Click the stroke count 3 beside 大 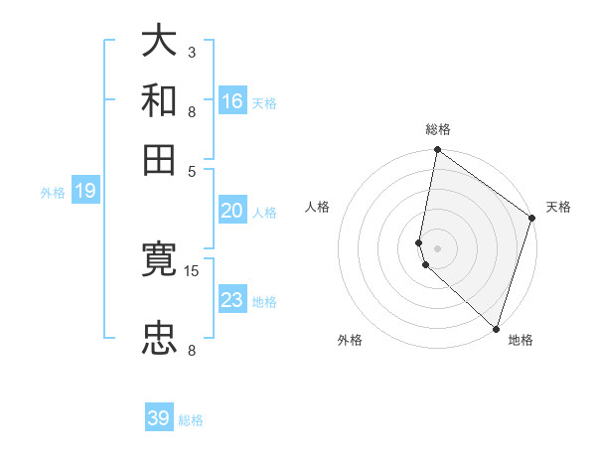click(192, 52)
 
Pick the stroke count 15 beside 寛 click(192, 270)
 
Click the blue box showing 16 click(232, 100)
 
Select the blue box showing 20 click(232, 211)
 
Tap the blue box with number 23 click(232, 299)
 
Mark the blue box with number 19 click(85, 192)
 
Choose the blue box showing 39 click(159, 418)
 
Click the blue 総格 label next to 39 click(191, 420)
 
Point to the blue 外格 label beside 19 click(53, 193)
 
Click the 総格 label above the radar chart click(438, 130)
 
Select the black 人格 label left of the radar click(318, 207)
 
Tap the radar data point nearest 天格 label click(531, 220)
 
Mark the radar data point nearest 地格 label click(496, 329)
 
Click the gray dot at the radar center click(438, 247)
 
